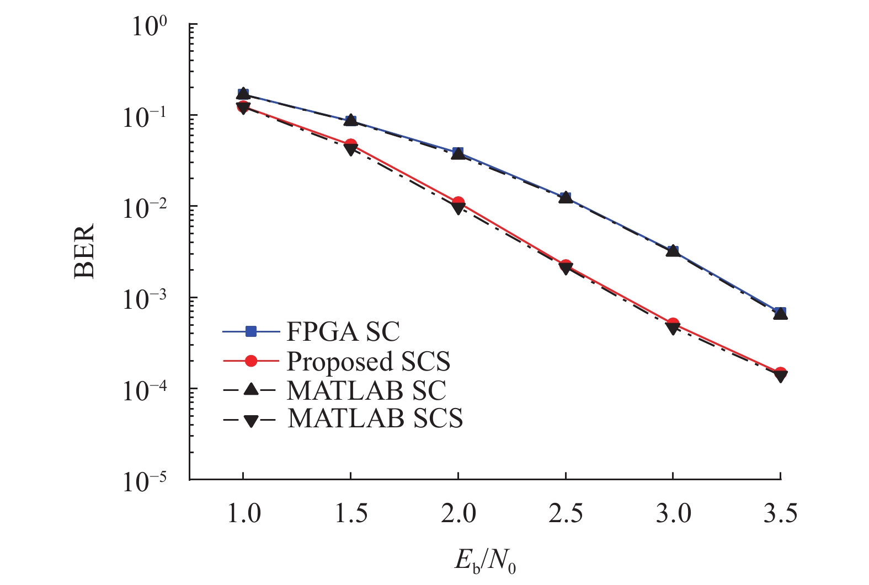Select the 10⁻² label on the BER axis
click(147, 208)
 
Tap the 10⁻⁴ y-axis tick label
click(147, 390)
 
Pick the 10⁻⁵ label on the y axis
click(147, 481)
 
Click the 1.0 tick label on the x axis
click(243, 514)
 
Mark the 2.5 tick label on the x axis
click(566, 514)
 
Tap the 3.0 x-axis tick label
click(673, 514)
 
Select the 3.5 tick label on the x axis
click(780, 514)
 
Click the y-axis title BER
click(84, 251)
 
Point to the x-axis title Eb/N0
click(486, 561)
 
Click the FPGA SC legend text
click(343, 332)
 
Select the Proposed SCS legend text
click(368, 362)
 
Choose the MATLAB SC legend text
click(366, 390)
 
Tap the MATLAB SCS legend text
click(375, 419)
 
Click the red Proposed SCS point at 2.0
click(458, 203)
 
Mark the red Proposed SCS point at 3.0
click(673, 324)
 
